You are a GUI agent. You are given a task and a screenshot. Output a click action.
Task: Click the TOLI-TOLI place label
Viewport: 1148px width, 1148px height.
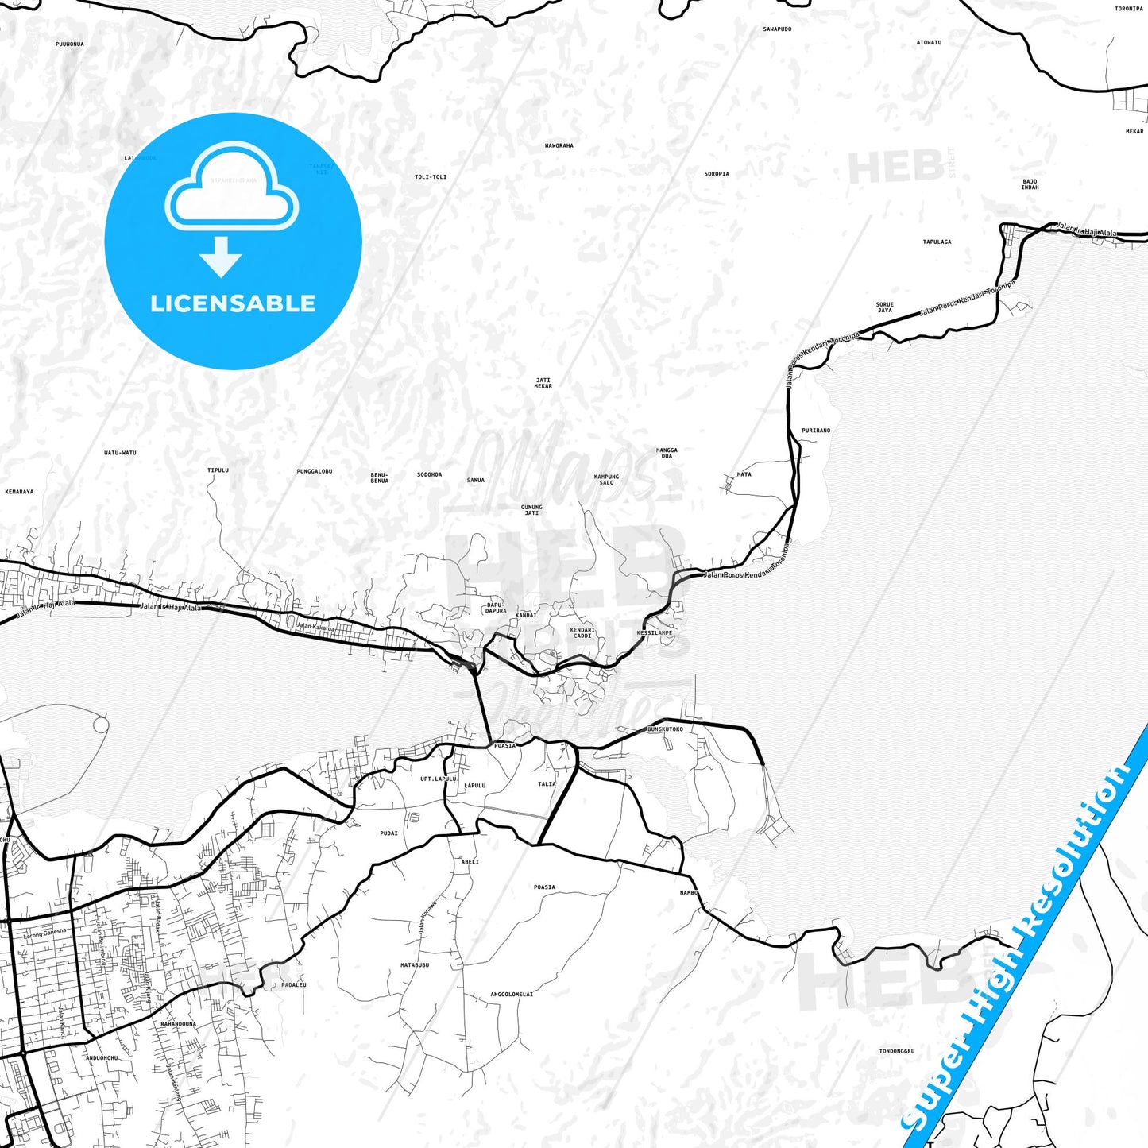coord(431,177)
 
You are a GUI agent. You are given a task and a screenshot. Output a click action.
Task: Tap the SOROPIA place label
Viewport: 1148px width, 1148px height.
coord(717,174)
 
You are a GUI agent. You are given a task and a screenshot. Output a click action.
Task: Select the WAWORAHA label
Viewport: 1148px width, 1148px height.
coord(559,146)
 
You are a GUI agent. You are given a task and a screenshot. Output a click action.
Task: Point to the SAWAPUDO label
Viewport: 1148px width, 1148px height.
coord(777,29)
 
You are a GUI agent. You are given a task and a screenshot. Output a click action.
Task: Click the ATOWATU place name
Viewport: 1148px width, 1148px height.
coord(929,43)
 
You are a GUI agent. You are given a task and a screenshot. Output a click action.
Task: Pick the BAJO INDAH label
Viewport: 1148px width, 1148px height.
coord(1030,184)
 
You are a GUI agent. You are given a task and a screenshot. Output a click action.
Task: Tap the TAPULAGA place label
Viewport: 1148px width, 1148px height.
coord(937,242)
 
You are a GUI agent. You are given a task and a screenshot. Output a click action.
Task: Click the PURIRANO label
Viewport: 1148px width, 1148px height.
coord(816,431)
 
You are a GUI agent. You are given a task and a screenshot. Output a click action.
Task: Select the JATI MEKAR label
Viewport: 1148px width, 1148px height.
coord(543,383)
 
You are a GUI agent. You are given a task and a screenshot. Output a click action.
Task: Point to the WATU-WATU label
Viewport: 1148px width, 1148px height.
coord(120,453)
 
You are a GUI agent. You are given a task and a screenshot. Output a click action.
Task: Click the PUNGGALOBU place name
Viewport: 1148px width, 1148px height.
coord(314,471)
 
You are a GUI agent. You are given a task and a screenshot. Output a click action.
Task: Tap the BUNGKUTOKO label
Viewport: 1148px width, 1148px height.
coord(665,729)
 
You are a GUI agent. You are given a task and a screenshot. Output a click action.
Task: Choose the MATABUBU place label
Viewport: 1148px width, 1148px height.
coord(415,965)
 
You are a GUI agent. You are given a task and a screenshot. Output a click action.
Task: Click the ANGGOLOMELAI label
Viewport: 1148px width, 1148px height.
coord(512,994)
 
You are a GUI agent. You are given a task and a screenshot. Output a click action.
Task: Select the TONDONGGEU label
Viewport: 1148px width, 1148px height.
coord(896,1051)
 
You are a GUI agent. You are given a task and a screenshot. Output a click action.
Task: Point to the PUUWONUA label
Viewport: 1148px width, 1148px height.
coord(70,44)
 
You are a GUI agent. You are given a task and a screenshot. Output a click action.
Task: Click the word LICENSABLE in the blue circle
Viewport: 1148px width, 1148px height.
coord(233,303)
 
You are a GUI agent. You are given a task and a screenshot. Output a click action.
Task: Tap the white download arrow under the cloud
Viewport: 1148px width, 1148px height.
coord(221,256)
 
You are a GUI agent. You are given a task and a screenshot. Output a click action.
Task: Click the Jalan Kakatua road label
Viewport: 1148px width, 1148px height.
coord(315,627)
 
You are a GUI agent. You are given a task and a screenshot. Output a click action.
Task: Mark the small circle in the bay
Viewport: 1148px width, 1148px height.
coord(100,725)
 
